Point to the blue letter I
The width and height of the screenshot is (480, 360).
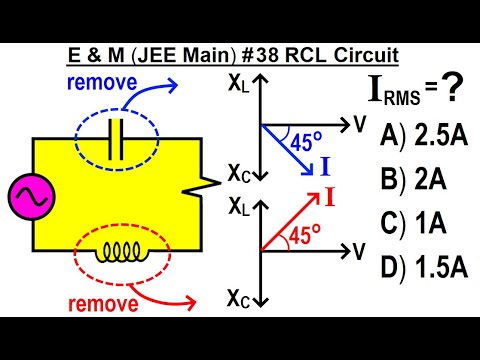click(x=326, y=167)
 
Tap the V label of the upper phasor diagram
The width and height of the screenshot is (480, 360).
click(x=358, y=123)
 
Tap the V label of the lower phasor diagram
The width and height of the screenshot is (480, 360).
click(x=358, y=251)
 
